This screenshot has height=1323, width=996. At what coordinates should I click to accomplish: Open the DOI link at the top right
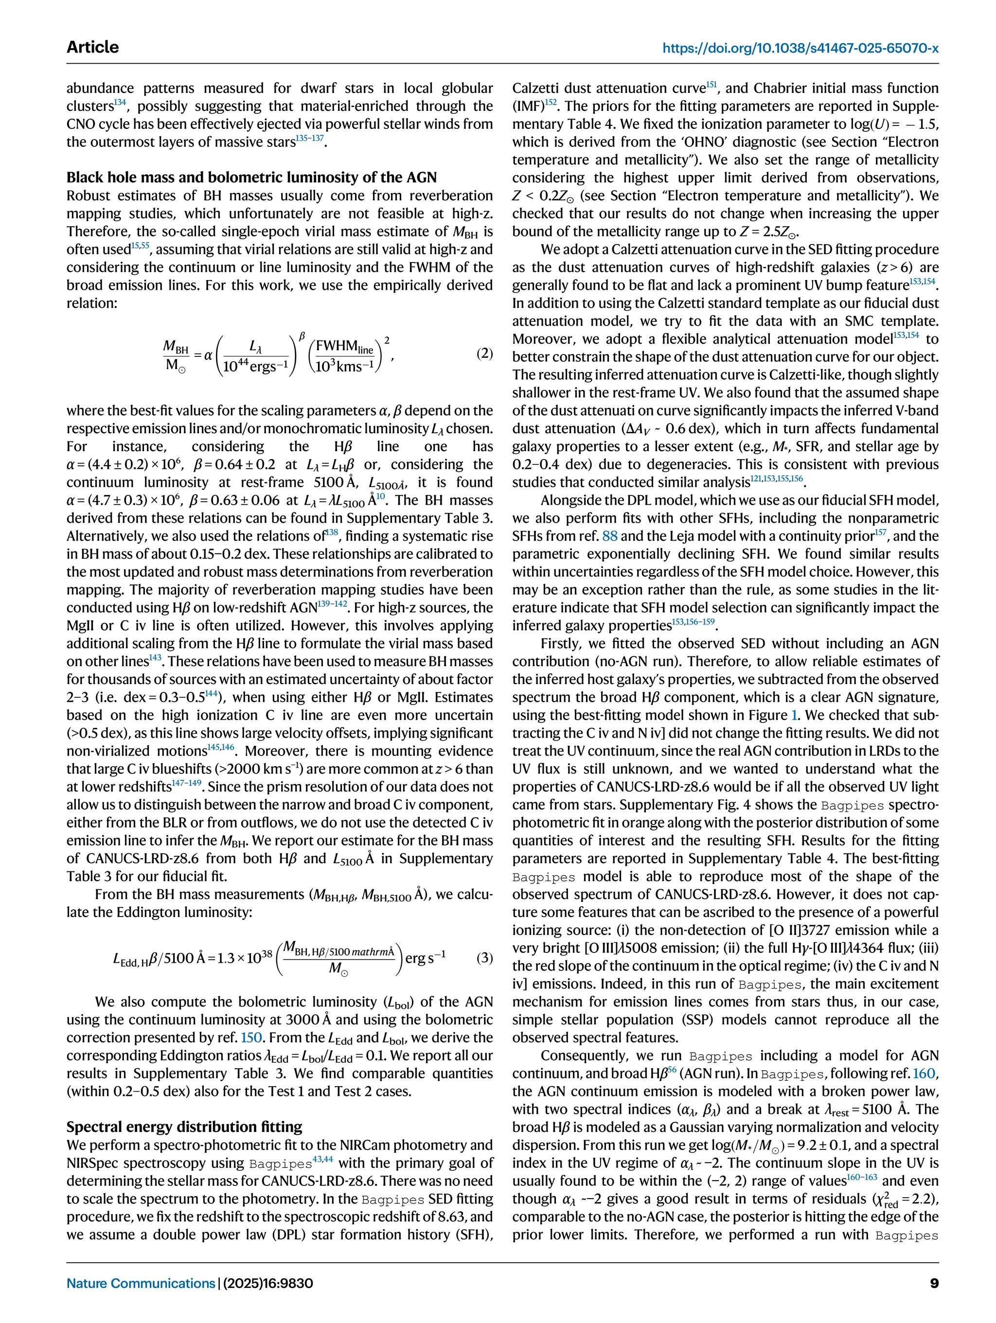(x=800, y=48)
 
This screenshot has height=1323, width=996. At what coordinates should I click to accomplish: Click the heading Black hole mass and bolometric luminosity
(x=251, y=177)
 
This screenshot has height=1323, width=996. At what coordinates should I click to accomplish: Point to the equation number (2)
(x=484, y=353)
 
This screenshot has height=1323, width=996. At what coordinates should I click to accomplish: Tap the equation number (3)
(x=484, y=957)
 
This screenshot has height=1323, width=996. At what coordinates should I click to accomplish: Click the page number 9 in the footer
(x=934, y=1284)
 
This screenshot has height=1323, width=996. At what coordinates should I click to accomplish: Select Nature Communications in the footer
(x=141, y=1284)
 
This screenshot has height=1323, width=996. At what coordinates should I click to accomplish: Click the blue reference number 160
(x=928, y=1074)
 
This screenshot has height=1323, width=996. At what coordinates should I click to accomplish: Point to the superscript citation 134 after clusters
(x=120, y=102)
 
